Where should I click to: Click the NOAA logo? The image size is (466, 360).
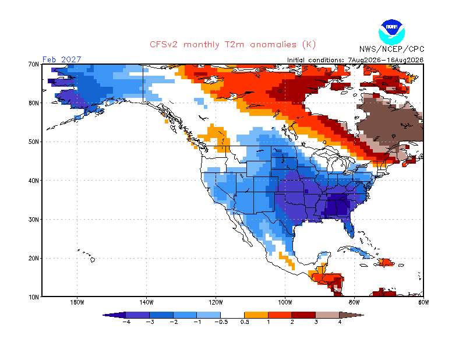point(391,32)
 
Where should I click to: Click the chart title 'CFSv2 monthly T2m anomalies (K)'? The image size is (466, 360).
point(232,45)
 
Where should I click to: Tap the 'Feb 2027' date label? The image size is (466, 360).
point(62,59)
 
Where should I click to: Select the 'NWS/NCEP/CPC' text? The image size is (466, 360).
point(391,49)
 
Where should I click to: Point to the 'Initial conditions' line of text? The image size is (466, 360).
point(355,60)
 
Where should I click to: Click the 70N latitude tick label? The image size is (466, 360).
point(34,64)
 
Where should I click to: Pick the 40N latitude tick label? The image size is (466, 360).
point(34,181)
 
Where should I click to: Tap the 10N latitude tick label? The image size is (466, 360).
point(34,297)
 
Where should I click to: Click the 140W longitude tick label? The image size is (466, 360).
point(146,303)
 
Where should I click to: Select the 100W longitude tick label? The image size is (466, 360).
point(285,303)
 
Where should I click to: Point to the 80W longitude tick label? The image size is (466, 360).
point(354,303)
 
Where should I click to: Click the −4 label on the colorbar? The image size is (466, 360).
point(126,322)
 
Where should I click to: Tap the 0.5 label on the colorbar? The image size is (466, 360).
point(245,322)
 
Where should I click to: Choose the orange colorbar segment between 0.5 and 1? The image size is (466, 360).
point(256,315)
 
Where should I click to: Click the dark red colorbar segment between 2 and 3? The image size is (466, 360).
point(303,315)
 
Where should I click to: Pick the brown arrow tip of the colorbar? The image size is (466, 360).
point(351,315)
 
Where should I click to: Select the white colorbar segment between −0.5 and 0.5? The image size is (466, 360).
point(232,315)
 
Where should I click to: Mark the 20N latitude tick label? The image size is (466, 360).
point(34,258)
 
